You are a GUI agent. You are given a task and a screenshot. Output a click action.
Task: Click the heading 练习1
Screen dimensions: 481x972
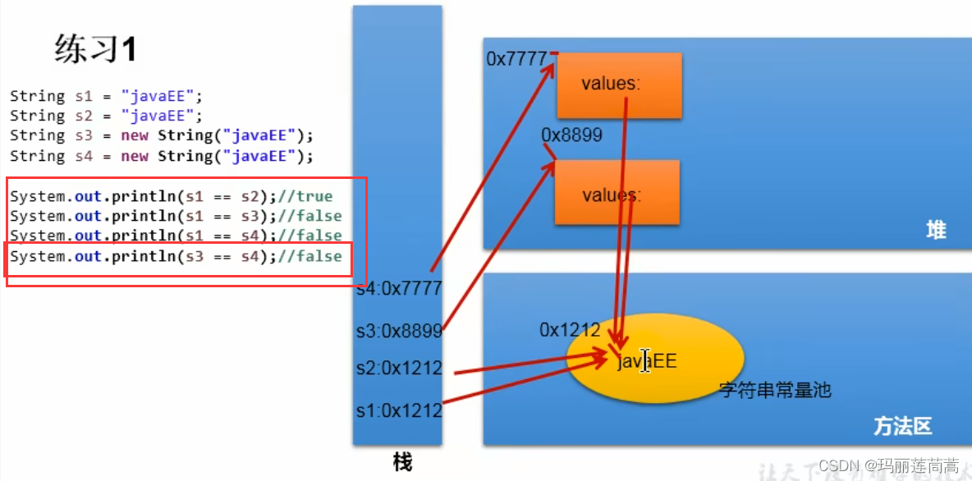pyautogui.click(x=95, y=50)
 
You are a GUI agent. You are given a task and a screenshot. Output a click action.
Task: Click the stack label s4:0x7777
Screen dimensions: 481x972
pyautogui.click(x=399, y=288)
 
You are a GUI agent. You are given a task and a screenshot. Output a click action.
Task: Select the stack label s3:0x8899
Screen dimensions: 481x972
pyautogui.click(x=399, y=331)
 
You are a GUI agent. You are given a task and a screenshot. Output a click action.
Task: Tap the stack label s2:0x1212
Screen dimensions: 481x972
pyautogui.click(x=399, y=368)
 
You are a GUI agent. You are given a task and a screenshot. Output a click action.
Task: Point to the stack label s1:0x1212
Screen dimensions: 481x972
pyautogui.click(x=399, y=410)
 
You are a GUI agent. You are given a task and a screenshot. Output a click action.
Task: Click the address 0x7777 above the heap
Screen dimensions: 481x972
pyautogui.click(x=517, y=59)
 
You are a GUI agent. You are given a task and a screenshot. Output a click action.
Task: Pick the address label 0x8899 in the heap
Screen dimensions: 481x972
pyautogui.click(x=572, y=135)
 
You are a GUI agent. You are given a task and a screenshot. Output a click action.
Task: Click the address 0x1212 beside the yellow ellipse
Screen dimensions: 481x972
pyautogui.click(x=570, y=330)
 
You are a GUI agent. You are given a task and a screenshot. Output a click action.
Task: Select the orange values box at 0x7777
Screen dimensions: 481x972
pyautogui.click(x=619, y=85)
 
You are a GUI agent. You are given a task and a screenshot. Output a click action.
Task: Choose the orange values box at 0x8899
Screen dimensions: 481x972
pyautogui.click(x=617, y=194)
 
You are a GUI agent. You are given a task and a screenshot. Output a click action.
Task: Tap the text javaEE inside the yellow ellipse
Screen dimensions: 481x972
pyautogui.click(x=647, y=360)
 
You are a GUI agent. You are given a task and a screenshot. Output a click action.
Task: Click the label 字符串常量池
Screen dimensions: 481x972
pyautogui.click(x=775, y=390)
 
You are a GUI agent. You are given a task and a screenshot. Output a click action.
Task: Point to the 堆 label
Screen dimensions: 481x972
pyautogui.click(x=935, y=231)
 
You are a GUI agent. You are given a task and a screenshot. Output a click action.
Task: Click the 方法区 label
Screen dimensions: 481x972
pyautogui.click(x=902, y=427)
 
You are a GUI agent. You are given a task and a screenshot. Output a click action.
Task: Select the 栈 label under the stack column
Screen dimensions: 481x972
pyautogui.click(x=401, y=462)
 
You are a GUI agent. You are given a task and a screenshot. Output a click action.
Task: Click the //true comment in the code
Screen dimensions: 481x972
pyautogui.click(x=305, y=197)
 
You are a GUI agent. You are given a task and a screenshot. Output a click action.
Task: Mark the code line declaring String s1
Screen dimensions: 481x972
pyautogui.click(x=106, y=96)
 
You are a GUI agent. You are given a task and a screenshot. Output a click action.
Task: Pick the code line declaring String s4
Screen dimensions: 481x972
pyautogui.click(x=162, y=156)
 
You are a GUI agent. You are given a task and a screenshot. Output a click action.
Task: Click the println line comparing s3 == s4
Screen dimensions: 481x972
pyautogui.click(x=176, y=257)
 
